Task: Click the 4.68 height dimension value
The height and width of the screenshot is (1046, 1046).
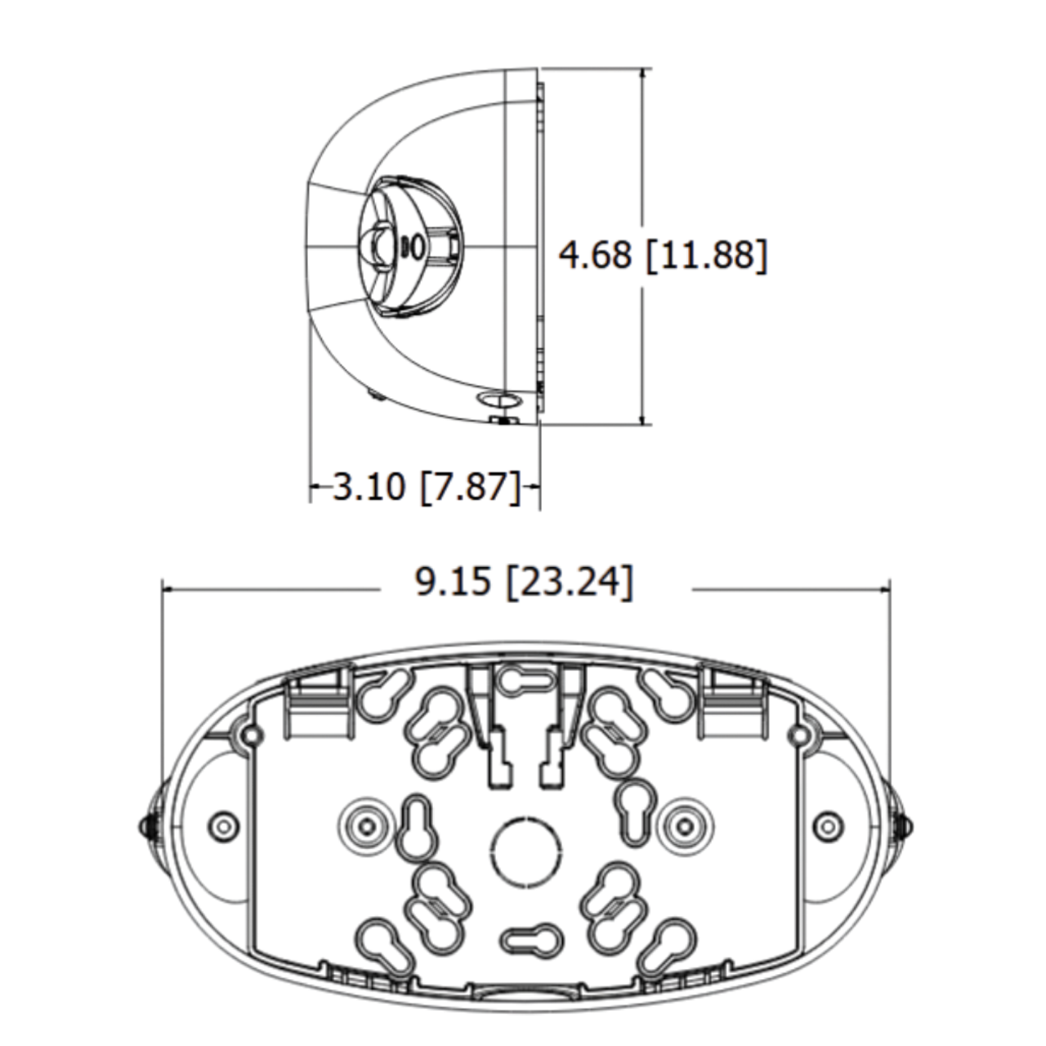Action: click(x=595, y=254)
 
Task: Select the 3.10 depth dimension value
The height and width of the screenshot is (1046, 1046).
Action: click(x=369, y=487)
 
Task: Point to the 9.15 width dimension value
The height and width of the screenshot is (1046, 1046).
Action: click(x=453, y=583)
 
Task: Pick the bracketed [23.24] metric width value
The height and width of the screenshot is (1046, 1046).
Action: click(x=570, y=583)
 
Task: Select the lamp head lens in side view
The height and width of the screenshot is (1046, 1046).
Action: click(x=377, y=245)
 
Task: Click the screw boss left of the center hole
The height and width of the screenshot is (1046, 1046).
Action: click(x=364, y=824)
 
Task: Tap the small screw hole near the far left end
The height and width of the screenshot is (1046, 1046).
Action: click(x=221, y=824)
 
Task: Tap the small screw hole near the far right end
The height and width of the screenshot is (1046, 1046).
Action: click(x=828, y=824)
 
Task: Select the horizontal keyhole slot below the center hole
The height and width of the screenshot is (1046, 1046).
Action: click(x=525, y=941)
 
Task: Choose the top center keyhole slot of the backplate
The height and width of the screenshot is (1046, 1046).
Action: click(x=525, y=681)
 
